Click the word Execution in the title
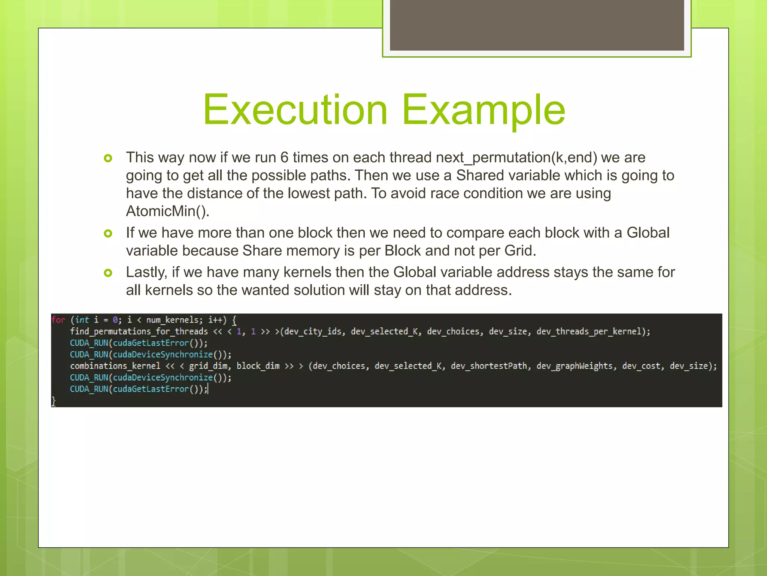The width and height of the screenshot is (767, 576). click(295, 109)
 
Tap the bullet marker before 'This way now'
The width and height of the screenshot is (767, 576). click(108, 158)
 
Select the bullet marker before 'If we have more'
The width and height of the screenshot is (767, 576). click(108, 234)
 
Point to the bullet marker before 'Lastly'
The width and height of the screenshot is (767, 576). click(108, 273)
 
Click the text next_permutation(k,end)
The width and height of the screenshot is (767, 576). click(516, 157)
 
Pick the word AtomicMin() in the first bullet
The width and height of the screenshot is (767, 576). click(167, 211)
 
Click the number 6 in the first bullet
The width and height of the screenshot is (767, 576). click(284, 157)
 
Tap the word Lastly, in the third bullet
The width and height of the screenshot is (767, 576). click(146, 272)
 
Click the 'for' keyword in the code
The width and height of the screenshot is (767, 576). click(58, 320)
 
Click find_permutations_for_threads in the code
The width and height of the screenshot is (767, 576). click(139, 331)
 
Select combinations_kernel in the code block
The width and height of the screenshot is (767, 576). click(115, 366)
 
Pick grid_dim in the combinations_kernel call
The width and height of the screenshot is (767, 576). click(208, 366)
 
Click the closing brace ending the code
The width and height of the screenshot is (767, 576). click(54, 401)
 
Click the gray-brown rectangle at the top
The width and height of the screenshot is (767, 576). click(537, 25)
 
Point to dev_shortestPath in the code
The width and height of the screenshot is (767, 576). click(488, 366)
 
